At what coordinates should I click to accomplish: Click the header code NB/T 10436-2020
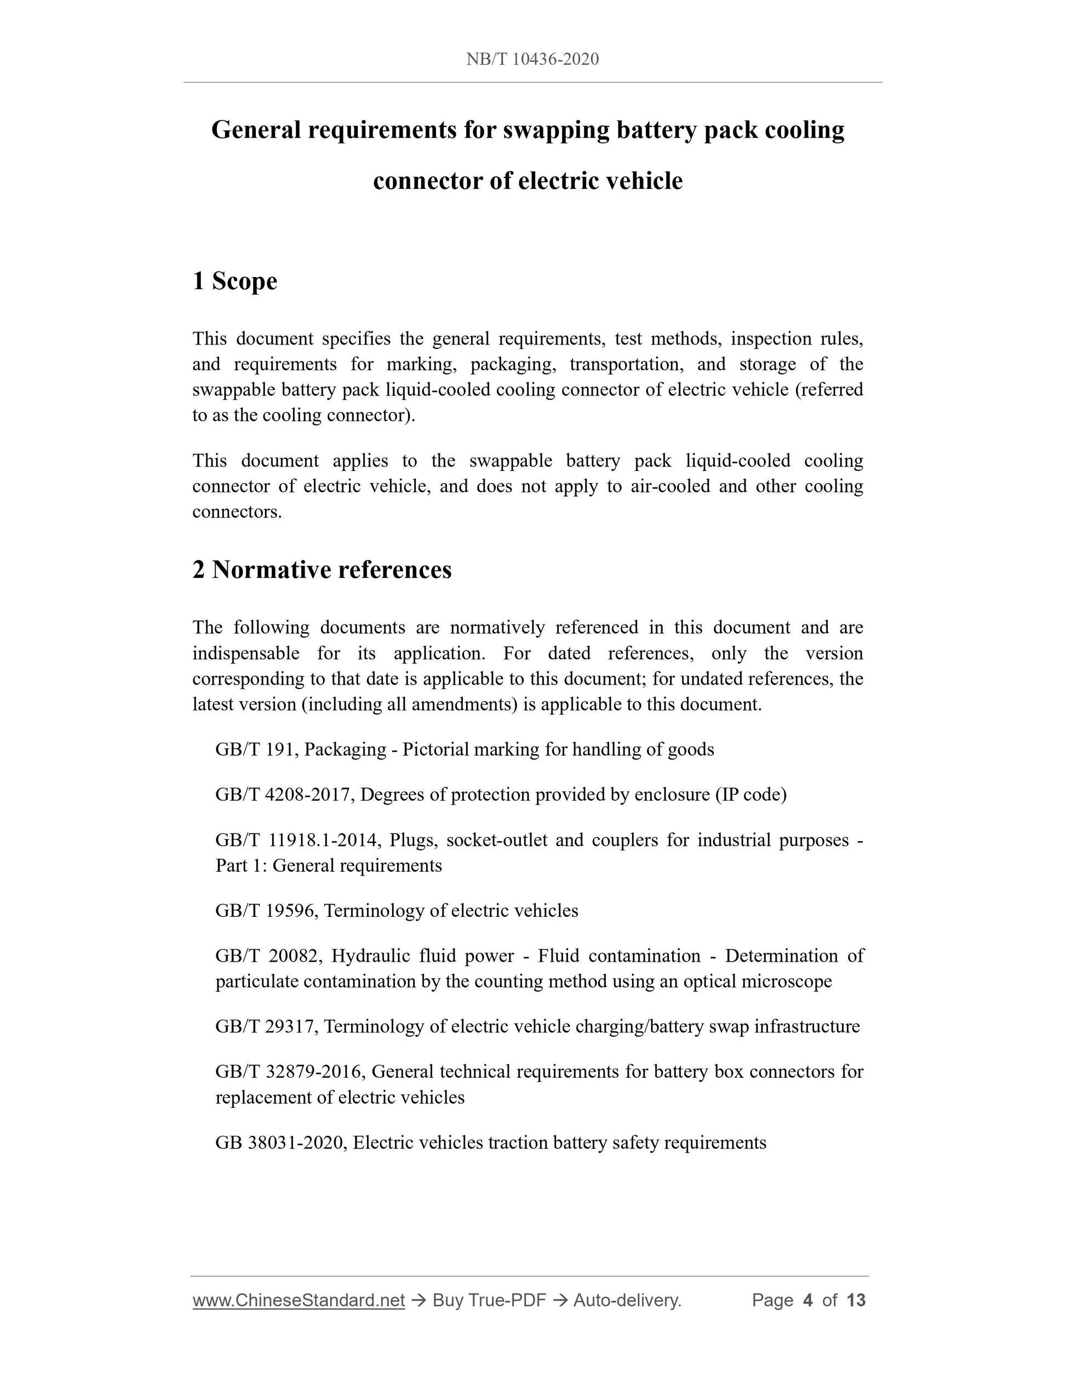click(x=532, y=59)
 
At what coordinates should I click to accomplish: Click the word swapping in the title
click(x=556, y=130)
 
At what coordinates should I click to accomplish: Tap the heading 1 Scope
click(x=234, y=281)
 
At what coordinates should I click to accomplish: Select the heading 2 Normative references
click(x=322, y=570)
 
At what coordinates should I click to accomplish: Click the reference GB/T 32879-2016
click(x=290, y=1072)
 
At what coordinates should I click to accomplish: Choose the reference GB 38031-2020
click(x=280, y=1143)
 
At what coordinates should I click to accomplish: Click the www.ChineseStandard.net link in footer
click(x=298, y=1300)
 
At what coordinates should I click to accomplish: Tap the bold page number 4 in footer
click(x=807, y=1300)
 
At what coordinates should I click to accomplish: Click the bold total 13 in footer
click(x=856, y=1300)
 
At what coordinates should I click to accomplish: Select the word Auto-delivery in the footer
click(x=627, y=1300)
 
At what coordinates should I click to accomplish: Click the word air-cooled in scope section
click(x=670, y=486)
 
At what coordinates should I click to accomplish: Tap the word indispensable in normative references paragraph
click(x=245, y=653)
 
